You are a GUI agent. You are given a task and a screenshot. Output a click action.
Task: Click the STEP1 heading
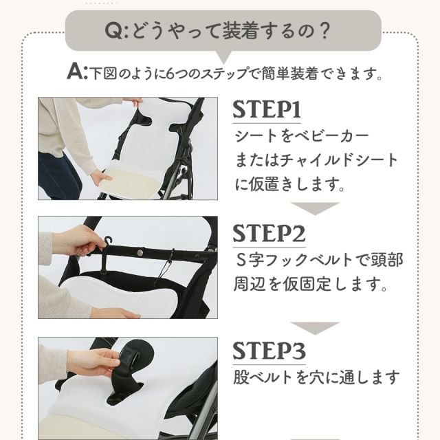pyautogui.click(x=267, y=110)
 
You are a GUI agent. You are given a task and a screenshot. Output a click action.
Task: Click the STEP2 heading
pyautogui.click(x=269, y=234)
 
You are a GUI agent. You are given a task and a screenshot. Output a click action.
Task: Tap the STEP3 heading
pyautogui.click(x=269, y=351)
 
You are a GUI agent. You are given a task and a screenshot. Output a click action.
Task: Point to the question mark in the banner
pyautogui.click(x=324, y=30)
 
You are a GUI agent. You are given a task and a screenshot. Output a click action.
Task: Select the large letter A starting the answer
pyautogui.click(x=75, y=72)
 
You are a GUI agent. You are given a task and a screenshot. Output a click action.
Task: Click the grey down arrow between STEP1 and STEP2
pyautogui.click(x=315, y=208)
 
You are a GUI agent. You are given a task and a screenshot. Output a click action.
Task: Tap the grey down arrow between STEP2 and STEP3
pyautogui.click(x=315, y=328)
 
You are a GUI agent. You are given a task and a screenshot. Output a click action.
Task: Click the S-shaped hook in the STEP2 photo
pyautogui.click(x=108, y=242)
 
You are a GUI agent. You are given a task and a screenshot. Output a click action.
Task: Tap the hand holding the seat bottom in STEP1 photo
pyautogui.click(x=100, y=177)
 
